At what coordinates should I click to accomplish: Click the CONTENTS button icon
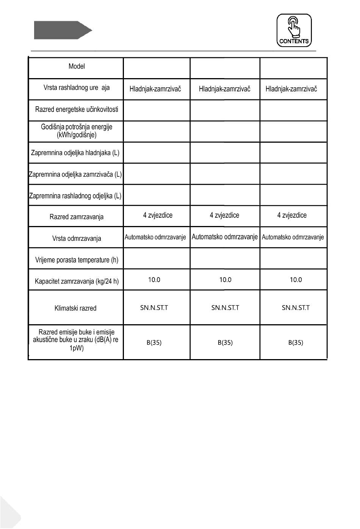[x=294, y=30]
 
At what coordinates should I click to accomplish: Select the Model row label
[x=77, y=66]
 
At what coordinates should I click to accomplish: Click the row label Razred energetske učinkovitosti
[x=77, y=110]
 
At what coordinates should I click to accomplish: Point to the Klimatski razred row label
[x=75, y=308]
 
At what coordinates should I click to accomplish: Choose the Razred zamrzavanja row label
[x=77, y=217]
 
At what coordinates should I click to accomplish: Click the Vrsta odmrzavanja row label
[x=77, y=239]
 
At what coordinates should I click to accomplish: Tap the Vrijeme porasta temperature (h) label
[x=77, y=260]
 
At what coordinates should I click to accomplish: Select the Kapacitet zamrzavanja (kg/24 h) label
[x=77, y=281]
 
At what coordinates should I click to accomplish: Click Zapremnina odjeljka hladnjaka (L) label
[x=75, y=153]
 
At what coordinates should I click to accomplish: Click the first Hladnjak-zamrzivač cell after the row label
[x=155, y=89]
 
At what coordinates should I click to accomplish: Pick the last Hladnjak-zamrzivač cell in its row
[x=291, y=89]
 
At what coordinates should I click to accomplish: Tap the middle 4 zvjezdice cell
[x=224, y=215]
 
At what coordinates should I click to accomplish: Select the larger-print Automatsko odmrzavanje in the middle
[x=225, y=237]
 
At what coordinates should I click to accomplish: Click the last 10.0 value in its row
[x=296, y=280]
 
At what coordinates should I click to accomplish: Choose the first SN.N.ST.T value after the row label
[x=154, y=308]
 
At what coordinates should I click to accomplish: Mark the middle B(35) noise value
[x=225, y=343]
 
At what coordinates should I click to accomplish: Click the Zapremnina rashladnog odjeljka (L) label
[x=75, y=196]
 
